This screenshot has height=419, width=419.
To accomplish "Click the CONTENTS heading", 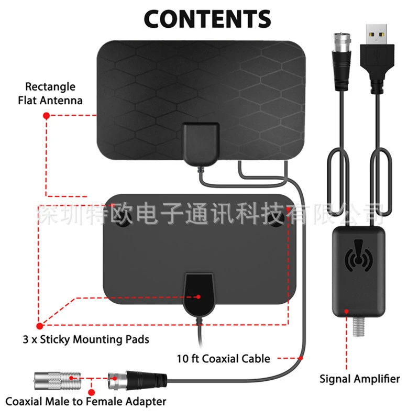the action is (x=207, y=19).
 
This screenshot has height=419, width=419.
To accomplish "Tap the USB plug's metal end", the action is (x=377, y=34).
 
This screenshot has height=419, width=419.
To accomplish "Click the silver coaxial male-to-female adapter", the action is (x=58, y=380).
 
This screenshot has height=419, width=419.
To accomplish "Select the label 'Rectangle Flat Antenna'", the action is (x=50, y=94).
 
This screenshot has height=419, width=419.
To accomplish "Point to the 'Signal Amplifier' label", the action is (x=360, y=379).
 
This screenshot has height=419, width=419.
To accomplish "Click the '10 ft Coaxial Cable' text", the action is (x=224, y=359).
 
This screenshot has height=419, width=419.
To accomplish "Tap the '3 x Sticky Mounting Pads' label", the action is (x=86, y=339).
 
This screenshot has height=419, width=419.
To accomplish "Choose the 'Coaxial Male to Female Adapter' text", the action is (x=86, y=402).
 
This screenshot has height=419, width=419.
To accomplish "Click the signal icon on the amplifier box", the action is (x=358, y=256).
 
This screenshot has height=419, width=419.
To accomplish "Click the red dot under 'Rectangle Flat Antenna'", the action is (x=46, y=116).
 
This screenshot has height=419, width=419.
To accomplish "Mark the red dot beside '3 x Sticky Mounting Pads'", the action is (x=40, y=326).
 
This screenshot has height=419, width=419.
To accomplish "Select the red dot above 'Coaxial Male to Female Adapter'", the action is (x=91, y=392).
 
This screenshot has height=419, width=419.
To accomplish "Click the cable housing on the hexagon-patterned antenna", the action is (x=201, y=144).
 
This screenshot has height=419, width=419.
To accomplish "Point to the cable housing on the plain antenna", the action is (x=199, y=294).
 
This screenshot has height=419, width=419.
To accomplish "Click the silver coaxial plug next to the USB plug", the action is (x=341, y=61).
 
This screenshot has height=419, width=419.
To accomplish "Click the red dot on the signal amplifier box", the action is (x=346, y=312).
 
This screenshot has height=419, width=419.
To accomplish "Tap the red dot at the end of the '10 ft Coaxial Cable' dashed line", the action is (x=301, y=358).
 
